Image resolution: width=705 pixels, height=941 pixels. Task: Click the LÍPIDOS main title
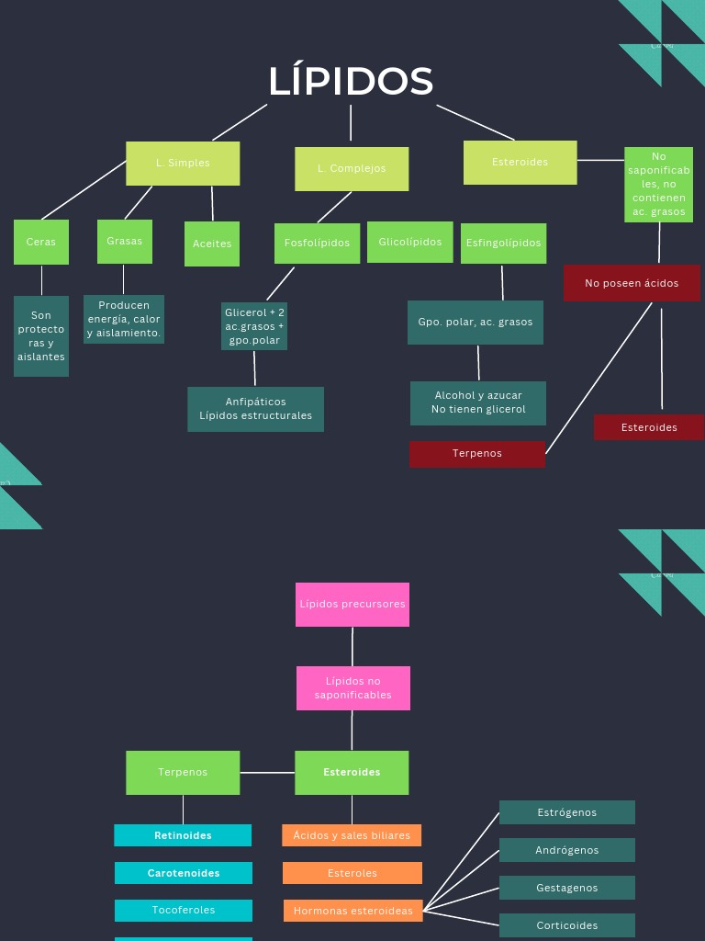coord(351,81)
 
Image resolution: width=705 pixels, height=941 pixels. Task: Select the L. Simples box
coord(183,164)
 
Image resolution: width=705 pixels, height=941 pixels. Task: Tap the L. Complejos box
coord(352,169)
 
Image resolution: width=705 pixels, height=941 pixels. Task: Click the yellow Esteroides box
coord(520,163)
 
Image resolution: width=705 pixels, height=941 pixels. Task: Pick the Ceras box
coord(41,243)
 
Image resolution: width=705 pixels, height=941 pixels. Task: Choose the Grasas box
coord(125,242)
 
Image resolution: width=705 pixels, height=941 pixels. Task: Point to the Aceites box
coord(212,244)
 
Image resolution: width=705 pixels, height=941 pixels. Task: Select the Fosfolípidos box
coord(317,244)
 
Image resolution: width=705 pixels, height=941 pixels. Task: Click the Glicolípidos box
coord(410,243)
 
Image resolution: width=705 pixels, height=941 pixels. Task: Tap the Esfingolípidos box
coord(503,244)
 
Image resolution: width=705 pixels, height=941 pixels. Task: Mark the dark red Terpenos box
coord(477,454)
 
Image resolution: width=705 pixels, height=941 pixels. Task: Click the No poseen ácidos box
coord(632,283)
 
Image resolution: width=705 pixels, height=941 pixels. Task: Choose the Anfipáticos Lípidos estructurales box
coord(256,409)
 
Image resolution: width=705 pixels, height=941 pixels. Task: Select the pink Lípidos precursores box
coord(352,605)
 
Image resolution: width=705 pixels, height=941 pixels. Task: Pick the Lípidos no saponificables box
coord(353,688)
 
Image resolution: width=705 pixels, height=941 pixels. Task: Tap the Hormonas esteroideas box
coord(353,911)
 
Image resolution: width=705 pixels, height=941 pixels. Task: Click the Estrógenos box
coord(567,812)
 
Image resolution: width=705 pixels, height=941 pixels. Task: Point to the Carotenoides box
coord(184,873)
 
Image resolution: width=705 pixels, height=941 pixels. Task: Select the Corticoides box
coord(567,925)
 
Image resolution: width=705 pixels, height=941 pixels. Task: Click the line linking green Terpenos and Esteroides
coord(267,773)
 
